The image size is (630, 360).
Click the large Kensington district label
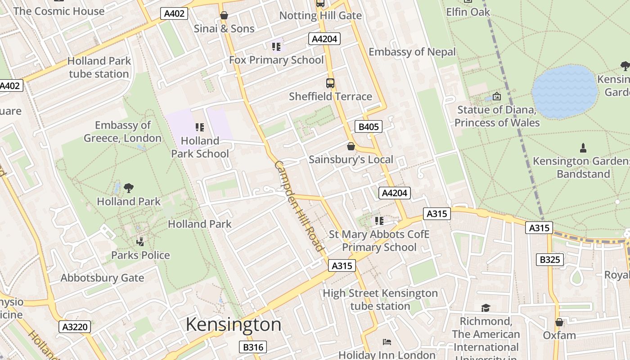pos(234,324)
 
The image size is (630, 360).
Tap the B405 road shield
pos(368,127)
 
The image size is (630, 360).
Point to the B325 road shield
pos(550,260)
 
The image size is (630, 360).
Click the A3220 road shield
pos(75,326)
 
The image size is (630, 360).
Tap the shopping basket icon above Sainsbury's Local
pos(351,146)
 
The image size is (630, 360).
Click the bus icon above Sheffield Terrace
pos(330,83)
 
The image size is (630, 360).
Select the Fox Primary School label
pos(276,60)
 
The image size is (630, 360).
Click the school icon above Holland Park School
pos(200,127)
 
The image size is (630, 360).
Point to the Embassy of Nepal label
pos(412,52)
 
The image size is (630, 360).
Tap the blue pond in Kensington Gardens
pos(565,92)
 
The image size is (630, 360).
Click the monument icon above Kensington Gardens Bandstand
pos(583,148)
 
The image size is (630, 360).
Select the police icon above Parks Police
pos(140,242)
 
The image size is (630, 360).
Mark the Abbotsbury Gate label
pos(102,278)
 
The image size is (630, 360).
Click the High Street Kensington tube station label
pos(380,300)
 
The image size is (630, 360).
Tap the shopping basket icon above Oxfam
pos(559,322)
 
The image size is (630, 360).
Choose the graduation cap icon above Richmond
pos(486,308)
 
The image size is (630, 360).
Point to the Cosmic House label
pos(59,11)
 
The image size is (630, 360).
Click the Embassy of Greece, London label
pos(122,131)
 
